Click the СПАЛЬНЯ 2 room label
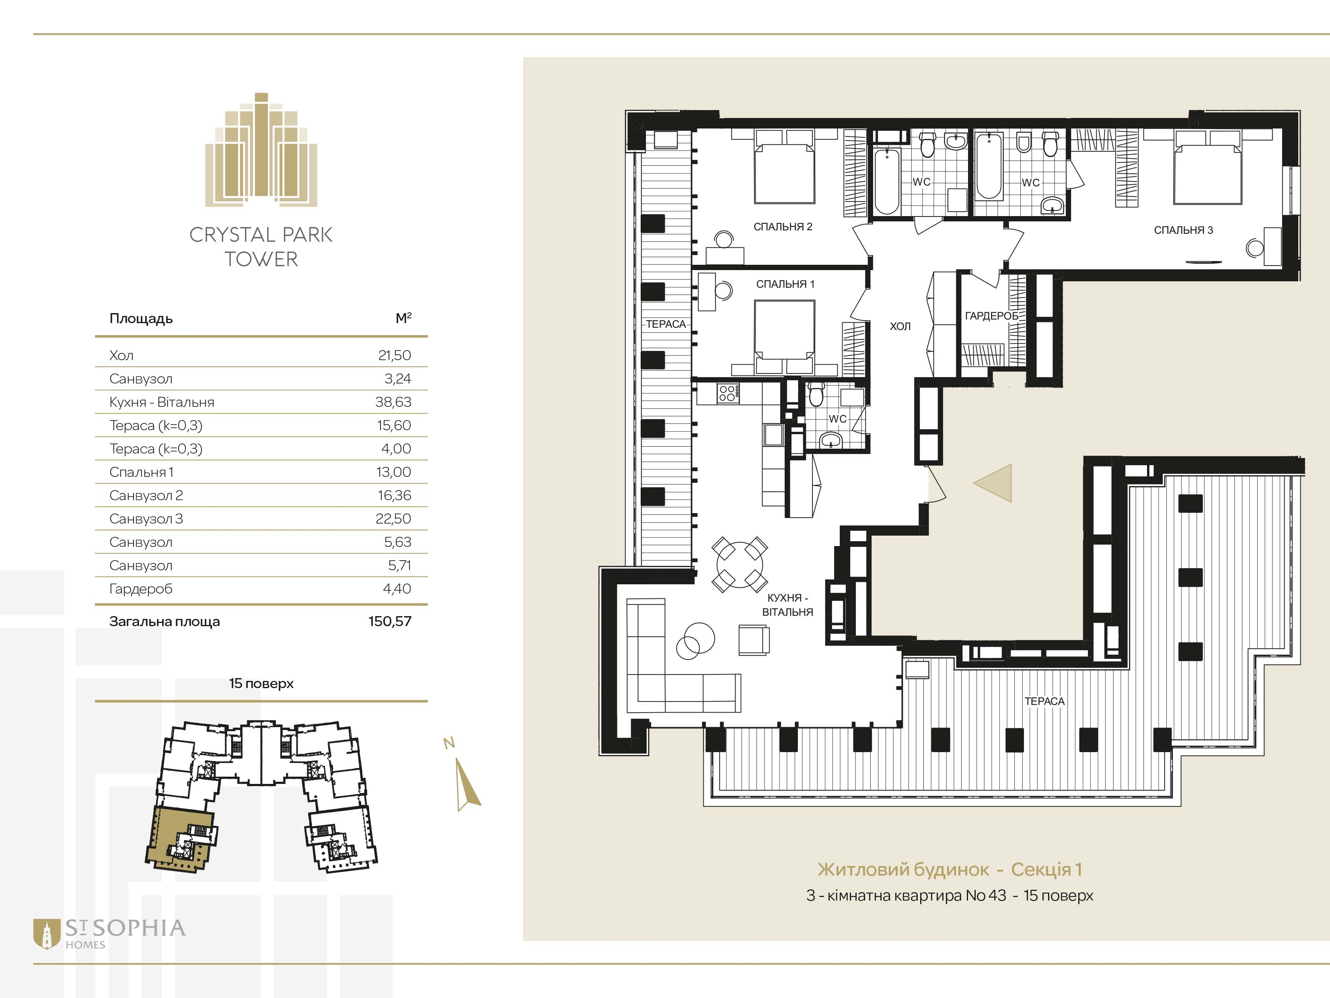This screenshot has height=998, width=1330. [783, 227]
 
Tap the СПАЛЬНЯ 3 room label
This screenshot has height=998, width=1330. [1183, 230]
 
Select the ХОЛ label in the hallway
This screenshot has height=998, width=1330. [900, 326]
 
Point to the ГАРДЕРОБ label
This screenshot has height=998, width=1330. [991, 316]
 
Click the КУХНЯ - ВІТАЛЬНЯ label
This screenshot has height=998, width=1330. [787, 604]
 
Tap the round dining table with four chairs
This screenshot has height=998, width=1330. [740, 564]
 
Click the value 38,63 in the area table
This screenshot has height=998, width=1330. [393, 402]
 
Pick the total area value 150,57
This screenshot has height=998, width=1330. [390, 621]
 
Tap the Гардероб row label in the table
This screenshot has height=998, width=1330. [141, 589]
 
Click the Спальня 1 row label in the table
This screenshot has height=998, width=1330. [141, 472]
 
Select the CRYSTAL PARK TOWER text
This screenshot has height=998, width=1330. [261, 247]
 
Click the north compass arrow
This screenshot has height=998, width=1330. [467, 784]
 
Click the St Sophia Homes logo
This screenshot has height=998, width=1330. [109, 934]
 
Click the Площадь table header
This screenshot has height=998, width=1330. [141, 319]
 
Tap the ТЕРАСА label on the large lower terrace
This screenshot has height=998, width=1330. [1044, 701]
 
